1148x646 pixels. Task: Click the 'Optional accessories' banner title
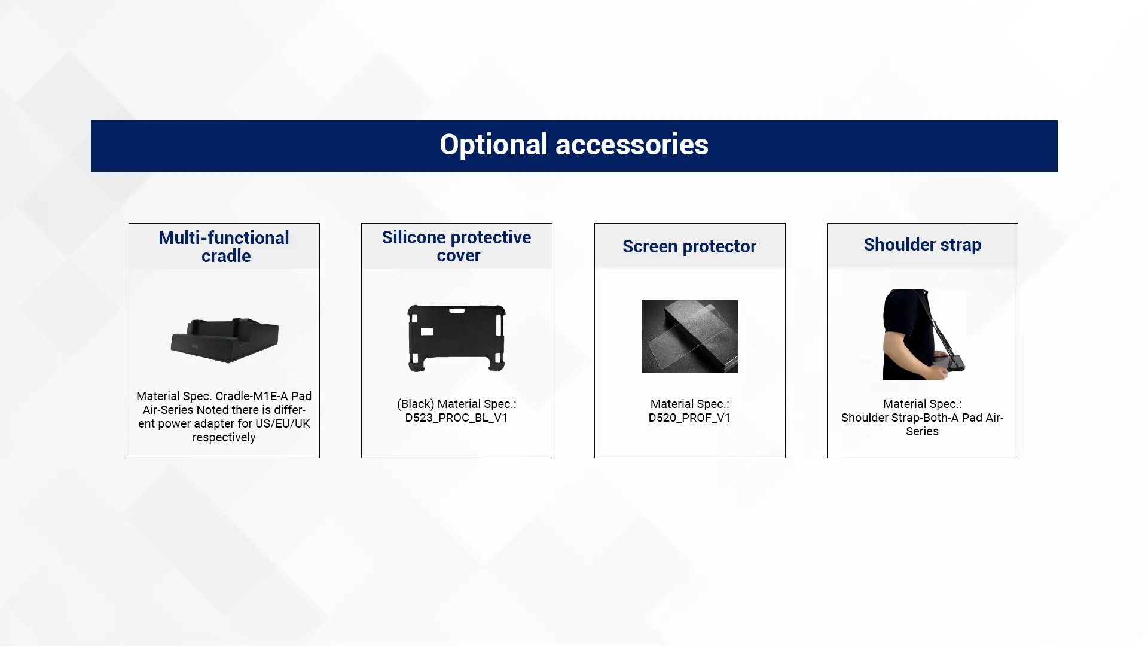tap(574, 145)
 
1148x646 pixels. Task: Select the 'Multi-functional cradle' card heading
tap(224, 246)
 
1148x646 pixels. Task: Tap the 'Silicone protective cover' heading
tap(457, 246)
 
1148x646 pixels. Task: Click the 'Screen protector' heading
tap(689, 246)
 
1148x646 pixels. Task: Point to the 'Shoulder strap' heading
tap(923, 245)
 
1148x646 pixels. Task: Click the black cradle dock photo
tap(225, 340)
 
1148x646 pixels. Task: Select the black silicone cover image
tap(457, 338)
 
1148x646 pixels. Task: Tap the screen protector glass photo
tap(690, 337)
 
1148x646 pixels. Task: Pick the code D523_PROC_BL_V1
tap(456, 418)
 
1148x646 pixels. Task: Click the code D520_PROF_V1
tap(689, 418)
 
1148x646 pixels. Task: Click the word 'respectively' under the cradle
tap(224, 437)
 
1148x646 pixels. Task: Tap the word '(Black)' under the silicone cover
tap(415, 404)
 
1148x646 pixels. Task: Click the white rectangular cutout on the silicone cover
tap(427, 331)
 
